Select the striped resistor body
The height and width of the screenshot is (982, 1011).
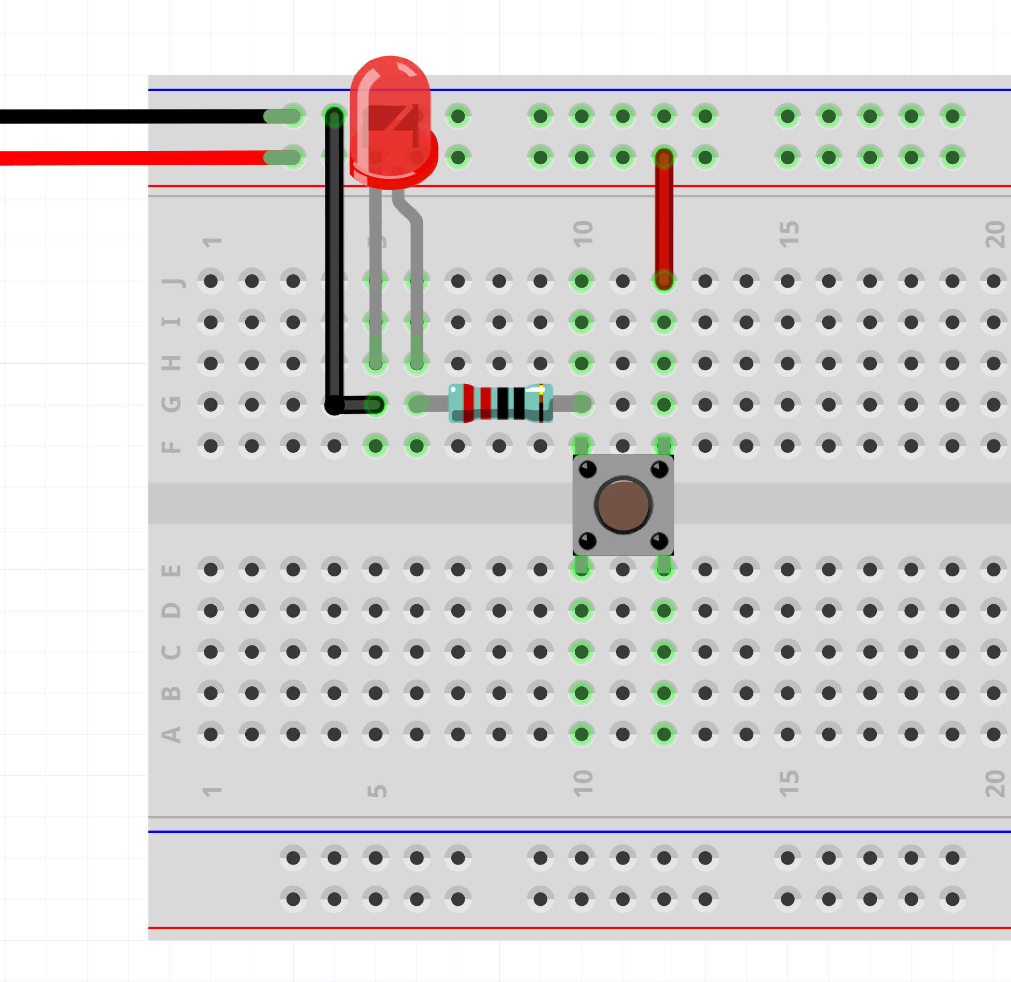pyautogui.click(x=500, y=404)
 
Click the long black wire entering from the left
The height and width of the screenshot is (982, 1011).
pyautogui.click(x=134, y=116)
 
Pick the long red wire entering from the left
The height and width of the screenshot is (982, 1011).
pyautogui.click(x=134, y=158)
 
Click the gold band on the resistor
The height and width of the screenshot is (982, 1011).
pyautogui.click(x=541, y=404)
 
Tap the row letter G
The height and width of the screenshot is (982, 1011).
pyautogui.click(x=171, y=404)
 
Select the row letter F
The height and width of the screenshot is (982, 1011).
pyautogui.click(x=171, y=446)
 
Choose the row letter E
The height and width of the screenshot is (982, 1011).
pyautogui.click(x=171, y=570)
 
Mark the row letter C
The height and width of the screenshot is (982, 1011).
pyautogui.click(x=171, y=652)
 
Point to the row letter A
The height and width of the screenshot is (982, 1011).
pyautogui.click(x=171, y=734)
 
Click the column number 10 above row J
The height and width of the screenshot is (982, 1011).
pyautogui.click(x=583, y=234)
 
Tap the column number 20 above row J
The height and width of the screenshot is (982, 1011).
pyautogui.click(x=995, y=234)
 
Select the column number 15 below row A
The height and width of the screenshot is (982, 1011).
pyautogui.click(x=789, y=783)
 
